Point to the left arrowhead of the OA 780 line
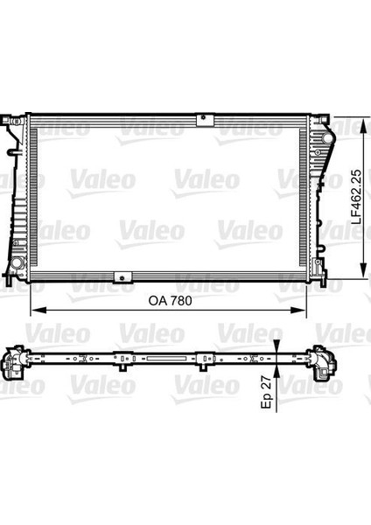tap(35, 311)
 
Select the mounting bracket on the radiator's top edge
tap(205, 117)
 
